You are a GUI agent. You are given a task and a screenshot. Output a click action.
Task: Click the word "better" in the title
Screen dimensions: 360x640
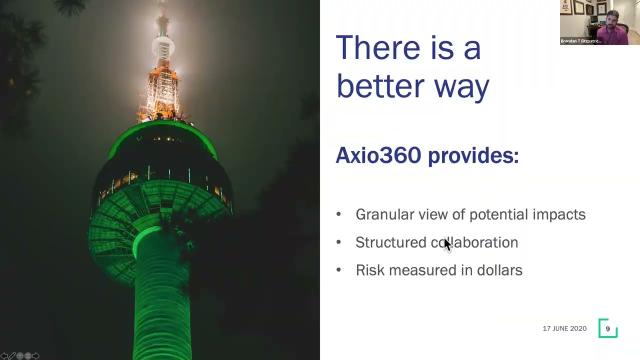379,86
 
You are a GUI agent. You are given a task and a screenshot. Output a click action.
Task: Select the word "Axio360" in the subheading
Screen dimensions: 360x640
378,155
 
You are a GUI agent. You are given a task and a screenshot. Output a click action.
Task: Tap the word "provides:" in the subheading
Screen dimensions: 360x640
473,156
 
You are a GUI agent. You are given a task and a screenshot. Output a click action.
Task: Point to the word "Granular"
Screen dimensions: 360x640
384,214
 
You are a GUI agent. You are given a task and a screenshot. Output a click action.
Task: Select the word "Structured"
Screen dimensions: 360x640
390,242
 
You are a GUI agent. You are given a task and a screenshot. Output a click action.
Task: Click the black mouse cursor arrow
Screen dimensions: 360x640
447,244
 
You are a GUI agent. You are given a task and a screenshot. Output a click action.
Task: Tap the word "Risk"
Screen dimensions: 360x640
370,270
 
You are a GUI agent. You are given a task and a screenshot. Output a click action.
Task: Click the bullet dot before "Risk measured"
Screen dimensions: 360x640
338,270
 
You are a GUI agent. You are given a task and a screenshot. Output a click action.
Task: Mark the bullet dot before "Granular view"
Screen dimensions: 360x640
338,214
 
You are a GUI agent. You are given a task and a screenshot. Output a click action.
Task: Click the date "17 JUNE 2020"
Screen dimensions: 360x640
564,328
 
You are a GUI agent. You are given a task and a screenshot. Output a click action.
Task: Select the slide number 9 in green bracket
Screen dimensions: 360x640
607,329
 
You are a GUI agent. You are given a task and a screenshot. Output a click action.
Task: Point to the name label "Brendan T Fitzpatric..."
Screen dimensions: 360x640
581,41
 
